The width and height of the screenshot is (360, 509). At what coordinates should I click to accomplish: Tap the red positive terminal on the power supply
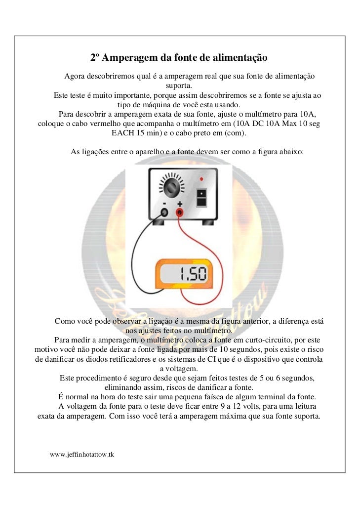pyautogui.click(x=180, y=212)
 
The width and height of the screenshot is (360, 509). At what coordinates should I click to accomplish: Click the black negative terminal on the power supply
pyautogui.click(x=164, y=212)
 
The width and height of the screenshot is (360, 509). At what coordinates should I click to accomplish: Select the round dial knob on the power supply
pyautogui.click(x=172, y=188)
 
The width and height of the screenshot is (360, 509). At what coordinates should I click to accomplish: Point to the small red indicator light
pyautogui.click(x=201, y=178)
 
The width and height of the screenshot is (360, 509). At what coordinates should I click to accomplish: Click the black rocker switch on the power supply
pyautogui.click(x=201, y=197)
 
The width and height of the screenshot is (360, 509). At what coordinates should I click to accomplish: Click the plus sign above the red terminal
pyautogui.click(x=180, y=204)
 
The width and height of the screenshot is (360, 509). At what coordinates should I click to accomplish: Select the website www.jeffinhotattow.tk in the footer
pyautogui.click(x=82, y=454)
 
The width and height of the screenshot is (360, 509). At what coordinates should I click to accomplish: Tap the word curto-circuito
pyautogui.click(x=277, y=340)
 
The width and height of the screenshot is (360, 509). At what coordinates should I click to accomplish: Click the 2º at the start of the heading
pyautogui.click(x=95, y=58)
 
